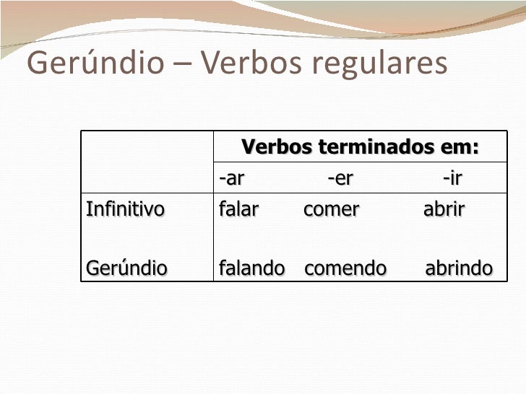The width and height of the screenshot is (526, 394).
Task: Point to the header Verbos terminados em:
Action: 361,148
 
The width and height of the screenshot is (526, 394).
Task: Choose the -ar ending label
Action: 232,178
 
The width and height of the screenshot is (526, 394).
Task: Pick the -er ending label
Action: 340,178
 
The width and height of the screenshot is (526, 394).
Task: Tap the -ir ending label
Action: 452,178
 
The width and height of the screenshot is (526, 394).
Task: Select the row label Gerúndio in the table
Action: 126,268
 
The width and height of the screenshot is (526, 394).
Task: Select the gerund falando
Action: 251,268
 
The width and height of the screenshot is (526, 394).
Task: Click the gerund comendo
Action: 345,268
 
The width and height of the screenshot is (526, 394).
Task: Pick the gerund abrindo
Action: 459,268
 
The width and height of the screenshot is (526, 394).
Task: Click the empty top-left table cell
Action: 147,162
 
